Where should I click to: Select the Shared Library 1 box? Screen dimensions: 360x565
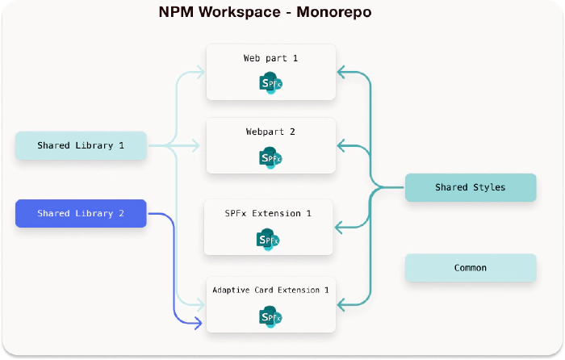pos(81,146)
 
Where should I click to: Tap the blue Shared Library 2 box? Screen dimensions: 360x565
pos(81,213)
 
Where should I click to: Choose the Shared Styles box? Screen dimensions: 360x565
pos(470,187)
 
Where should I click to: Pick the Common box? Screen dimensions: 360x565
pos(470,268)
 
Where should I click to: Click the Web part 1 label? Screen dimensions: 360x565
pos(270,58)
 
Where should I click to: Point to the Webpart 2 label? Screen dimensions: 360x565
pos(270,131)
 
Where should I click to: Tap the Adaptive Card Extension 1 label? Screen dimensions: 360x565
pos(270,289)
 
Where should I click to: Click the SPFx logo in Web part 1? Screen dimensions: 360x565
pos(270,82)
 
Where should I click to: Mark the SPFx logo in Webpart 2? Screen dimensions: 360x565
pos(270,157)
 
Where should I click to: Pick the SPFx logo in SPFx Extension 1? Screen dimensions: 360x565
pos(269,239)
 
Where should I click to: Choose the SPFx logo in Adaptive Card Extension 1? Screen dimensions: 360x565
pos(270,317)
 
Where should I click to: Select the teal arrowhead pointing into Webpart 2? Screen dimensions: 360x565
pos(342,145)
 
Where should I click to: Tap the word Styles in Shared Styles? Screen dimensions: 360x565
pos(489,187)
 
